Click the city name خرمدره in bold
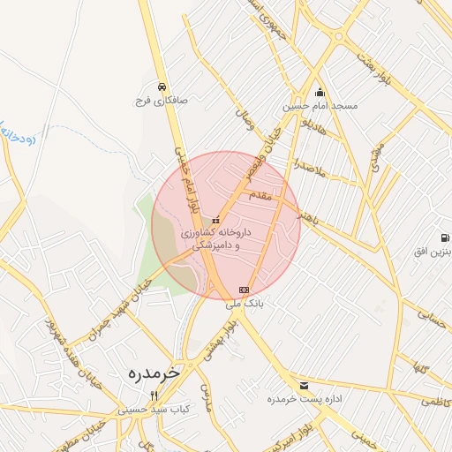tap(140, 372)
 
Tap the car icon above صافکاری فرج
tap(162, 87)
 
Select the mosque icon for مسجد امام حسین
tap(320, 93)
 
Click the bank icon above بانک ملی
tap(244, 290)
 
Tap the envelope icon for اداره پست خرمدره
tap(305, 386)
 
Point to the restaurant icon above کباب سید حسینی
tap(154, 395)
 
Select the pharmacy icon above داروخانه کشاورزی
tap(216, 219)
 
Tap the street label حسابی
tap(432, 314)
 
